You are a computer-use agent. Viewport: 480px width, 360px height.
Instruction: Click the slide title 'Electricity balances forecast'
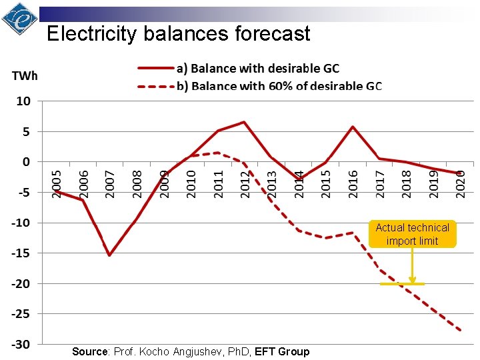click(179, 33)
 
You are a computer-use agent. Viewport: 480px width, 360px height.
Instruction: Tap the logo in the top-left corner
click(19, 19)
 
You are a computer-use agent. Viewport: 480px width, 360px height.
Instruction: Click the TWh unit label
click(25, 75)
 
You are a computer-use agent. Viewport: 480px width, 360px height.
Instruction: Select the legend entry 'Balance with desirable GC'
click(257, 68)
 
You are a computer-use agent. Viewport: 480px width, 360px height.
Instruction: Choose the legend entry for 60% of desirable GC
click(279, 85)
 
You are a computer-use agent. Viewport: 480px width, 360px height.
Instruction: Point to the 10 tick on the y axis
click(23, 102)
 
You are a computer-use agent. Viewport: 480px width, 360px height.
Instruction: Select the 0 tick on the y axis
click(26, 162)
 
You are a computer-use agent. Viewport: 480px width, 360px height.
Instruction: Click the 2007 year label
click(111, 183)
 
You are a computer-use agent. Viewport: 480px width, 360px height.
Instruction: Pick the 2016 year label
click(353, 183)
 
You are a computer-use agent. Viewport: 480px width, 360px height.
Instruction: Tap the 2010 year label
click(191, 183)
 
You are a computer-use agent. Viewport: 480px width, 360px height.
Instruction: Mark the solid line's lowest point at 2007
click(109, 255)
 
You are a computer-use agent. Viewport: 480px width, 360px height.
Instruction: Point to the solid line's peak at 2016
click(353, 127)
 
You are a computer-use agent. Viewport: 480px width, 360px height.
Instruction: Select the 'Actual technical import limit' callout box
click(412, 234)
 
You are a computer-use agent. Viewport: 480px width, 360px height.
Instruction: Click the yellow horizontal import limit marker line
click(402, 284)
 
